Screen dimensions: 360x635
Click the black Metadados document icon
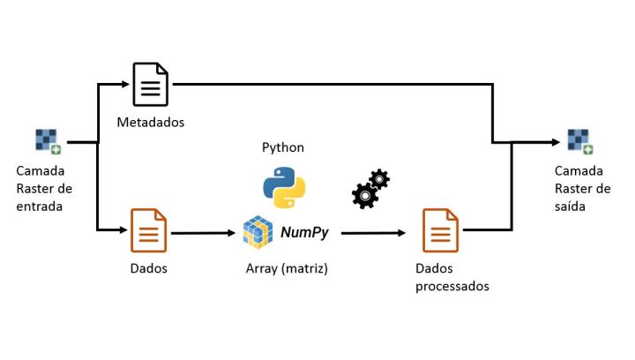point(150,85)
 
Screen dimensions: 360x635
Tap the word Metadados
point(151,120)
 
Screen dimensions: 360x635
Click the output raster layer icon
point(579,142)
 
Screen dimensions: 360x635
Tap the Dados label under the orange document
point(148,267)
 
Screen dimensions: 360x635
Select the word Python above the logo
point(283,147)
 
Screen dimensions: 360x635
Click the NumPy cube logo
point(258,232)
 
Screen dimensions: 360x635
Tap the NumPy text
point(305,233)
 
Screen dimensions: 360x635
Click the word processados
point(452,286)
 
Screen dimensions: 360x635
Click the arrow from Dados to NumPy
point(205,234)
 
